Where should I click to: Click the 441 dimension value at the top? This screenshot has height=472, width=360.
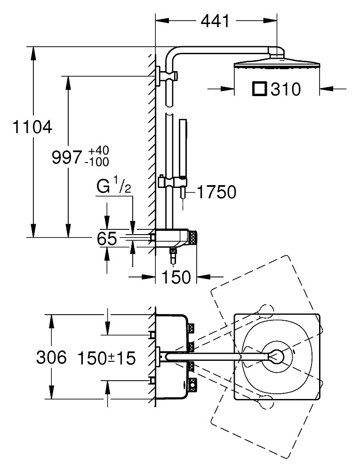(215, 21)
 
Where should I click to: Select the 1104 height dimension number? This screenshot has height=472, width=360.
(32, 127)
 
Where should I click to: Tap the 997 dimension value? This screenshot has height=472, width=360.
(67, 157)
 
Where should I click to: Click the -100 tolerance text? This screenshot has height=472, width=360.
(97, 162)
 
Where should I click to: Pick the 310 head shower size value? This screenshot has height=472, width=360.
(286, 90)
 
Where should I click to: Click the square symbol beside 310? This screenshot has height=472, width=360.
(260, 89)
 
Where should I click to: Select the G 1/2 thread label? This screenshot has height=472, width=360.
(114, 187)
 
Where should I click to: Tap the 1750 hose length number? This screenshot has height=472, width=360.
(216, 192)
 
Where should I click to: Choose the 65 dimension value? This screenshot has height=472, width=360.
(107, 239)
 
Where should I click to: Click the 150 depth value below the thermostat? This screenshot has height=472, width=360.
(176, 277)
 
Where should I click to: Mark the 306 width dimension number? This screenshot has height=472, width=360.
(51, 358)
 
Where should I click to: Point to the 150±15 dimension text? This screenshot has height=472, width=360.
(107, 358)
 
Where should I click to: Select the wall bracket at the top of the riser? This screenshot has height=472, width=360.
(166, 76)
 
